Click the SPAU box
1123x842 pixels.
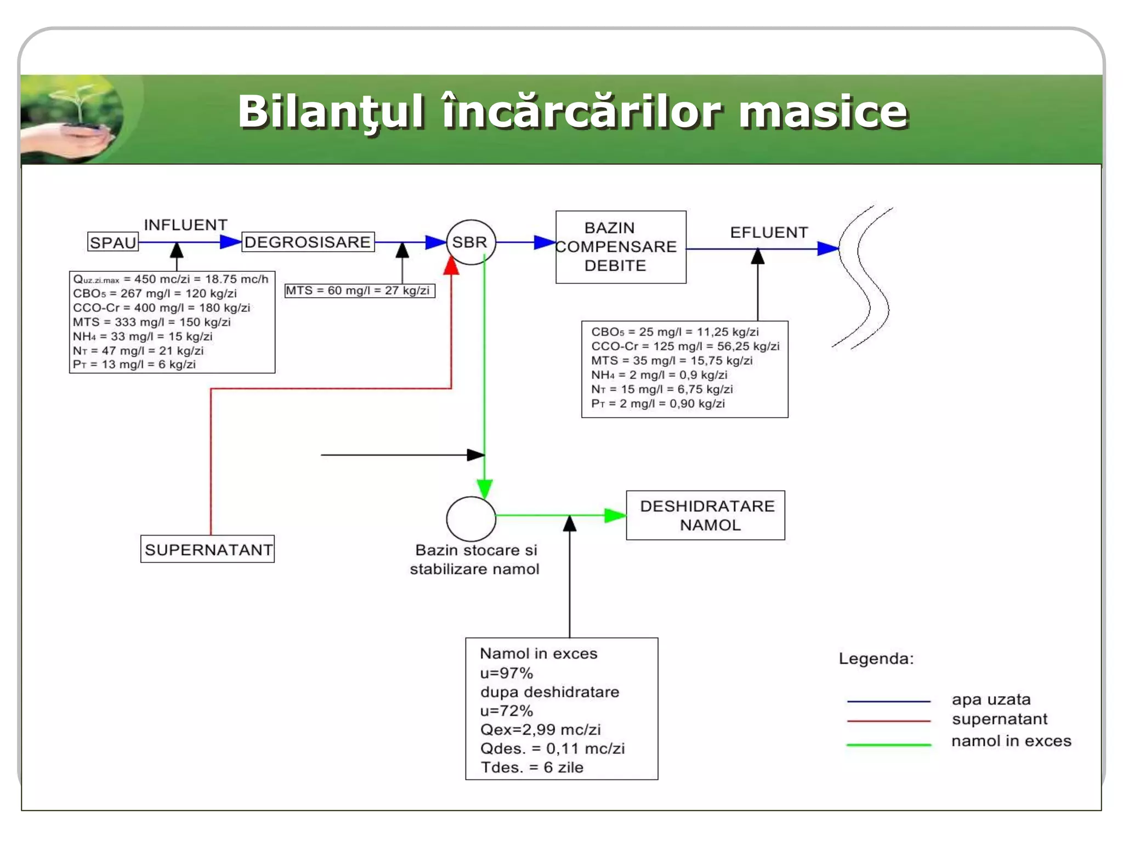[113, 242]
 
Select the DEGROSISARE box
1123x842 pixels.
[308, 242]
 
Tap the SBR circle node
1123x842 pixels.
[470, 242]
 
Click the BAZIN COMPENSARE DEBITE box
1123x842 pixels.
[620, 247]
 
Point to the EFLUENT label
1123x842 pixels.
[768, 232]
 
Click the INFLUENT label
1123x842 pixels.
[185, 225]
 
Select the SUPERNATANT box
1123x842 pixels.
[208, 549]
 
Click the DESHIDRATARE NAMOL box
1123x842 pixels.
[706, 515]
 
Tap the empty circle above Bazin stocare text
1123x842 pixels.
[470, 519]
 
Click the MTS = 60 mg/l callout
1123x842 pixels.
[359, 291]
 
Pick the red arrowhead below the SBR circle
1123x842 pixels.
[451, 266]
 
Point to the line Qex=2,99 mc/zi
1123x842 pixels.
[540, 730]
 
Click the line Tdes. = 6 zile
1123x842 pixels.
[531, 767]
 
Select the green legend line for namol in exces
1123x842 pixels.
[888, 745]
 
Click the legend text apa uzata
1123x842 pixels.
[991, 699]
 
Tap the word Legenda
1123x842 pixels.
[876, 658]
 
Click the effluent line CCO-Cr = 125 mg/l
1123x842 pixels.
[685, 346]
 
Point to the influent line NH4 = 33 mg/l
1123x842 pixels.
[143, 337]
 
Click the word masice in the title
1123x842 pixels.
[823, 112]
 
